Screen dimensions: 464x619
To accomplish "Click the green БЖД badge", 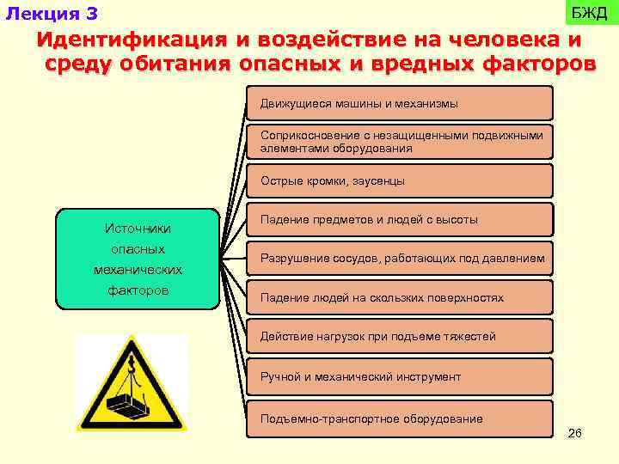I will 590,13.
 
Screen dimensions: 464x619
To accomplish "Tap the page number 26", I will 575,433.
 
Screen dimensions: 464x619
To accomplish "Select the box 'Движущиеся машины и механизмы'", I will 399,103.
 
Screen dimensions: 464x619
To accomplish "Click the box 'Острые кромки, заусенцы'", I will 399,181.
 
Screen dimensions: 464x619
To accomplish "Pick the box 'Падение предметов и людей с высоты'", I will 399,220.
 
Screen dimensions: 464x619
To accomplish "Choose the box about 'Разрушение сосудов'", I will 399,259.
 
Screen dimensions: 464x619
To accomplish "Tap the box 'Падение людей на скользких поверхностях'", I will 399,297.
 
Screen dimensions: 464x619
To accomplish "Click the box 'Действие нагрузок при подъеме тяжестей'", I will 399,337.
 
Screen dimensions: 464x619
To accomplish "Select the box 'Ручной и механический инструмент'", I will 399,376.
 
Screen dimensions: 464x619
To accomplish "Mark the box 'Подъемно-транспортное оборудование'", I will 399,418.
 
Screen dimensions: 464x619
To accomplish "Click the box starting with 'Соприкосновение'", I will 399,142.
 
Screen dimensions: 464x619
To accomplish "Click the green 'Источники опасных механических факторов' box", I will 138,259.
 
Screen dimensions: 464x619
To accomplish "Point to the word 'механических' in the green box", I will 138,270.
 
